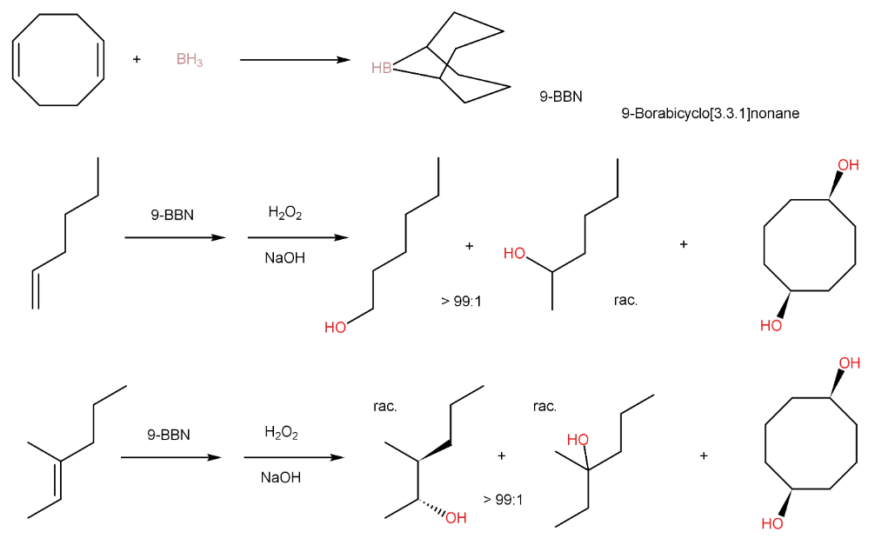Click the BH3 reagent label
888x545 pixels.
189,60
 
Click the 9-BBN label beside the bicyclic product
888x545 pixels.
561,97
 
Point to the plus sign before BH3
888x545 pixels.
137,59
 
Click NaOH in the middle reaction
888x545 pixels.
285,258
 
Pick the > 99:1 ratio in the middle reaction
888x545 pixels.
461,302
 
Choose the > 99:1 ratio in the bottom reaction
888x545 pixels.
503,499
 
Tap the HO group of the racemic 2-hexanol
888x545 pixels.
515,254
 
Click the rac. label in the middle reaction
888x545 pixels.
625,301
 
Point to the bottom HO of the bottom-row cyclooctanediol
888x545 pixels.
771,523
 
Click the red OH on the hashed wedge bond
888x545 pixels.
456,519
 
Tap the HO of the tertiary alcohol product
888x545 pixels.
578,440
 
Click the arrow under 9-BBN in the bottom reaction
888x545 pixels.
170,458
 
